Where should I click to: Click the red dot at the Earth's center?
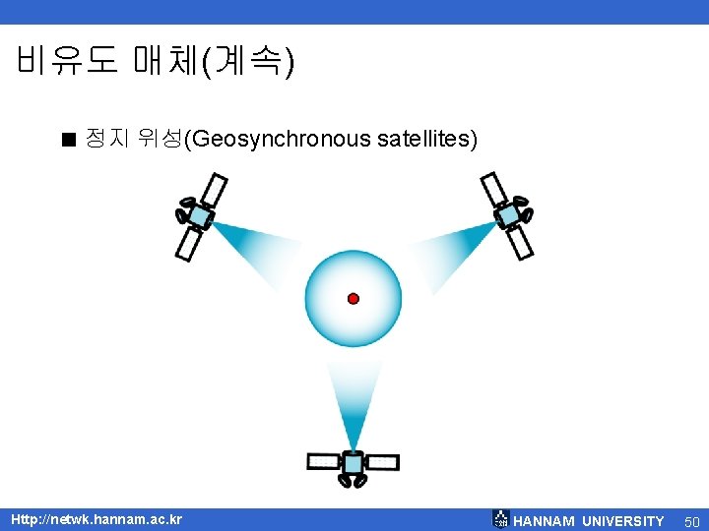[354, 298]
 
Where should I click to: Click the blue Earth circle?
[335, 275]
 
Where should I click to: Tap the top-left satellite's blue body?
[200, 216]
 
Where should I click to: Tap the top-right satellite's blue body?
[508, 214]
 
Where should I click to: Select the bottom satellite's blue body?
[353, 462]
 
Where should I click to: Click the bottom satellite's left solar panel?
[323, 461]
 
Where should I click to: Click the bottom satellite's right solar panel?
[382, 462]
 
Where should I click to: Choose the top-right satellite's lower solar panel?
[521, 242]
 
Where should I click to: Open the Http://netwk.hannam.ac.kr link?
[96, 519]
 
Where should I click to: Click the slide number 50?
[691, 521]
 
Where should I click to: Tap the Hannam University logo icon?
[500, 519]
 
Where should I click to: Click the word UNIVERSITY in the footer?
[622, 521]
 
